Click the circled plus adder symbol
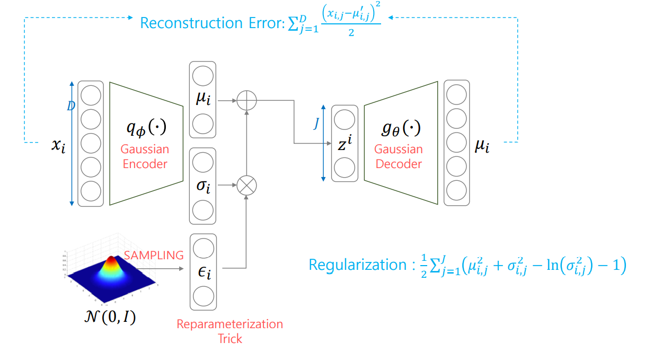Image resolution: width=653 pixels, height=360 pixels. click(x=246, y=100)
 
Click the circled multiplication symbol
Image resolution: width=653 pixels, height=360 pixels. click(x=246, y=186)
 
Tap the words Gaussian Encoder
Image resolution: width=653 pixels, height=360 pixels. click(x=145, y=156)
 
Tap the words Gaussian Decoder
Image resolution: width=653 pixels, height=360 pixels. click(x=399, y=156)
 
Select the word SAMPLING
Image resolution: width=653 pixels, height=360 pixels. click(x=154, y=255)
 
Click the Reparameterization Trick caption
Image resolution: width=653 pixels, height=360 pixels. click(x=230, y=331)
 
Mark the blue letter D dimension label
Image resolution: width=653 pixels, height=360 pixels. click(x=70, y=107)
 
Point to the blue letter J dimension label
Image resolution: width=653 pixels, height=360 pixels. click(x=316, y=124)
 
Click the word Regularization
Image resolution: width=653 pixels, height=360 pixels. click(x=357, y=264)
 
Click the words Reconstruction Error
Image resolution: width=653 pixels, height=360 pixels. click(x=211, y=23)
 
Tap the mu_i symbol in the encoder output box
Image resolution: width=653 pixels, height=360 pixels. click(x=203, y=99)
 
